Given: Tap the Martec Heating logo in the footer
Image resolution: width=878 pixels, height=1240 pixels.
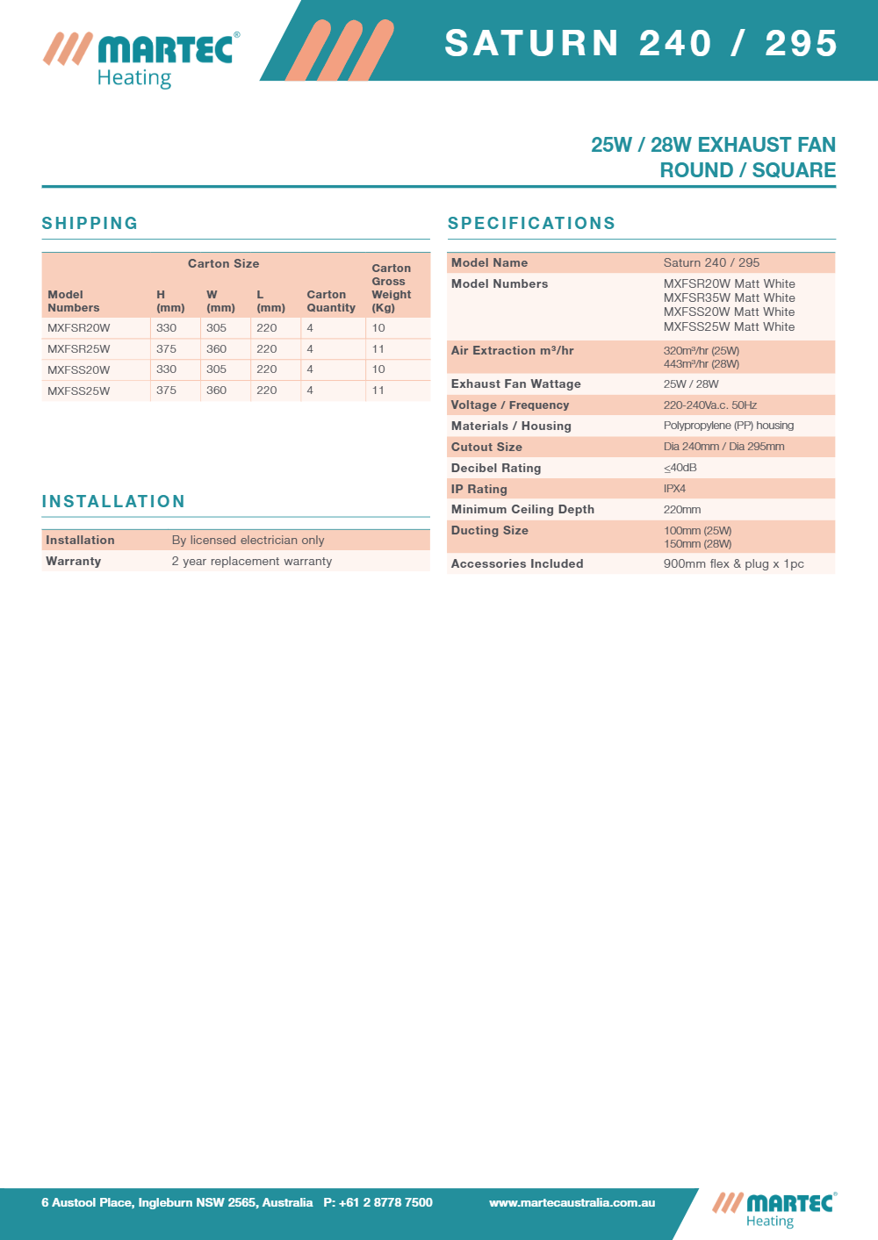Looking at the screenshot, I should click(774, 1209).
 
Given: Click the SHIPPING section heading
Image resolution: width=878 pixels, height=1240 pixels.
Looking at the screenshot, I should click(90, 223).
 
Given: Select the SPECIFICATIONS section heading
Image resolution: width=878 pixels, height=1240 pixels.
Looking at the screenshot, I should click(531, 223).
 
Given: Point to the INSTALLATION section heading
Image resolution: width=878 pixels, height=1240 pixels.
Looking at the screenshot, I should click(113, 501).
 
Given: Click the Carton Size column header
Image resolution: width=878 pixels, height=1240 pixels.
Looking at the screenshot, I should click(223, 263).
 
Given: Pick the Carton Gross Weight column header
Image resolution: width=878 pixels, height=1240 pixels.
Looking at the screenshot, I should click(391, 288).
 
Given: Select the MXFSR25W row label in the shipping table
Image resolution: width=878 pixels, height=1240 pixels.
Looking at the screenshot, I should click(79, 349).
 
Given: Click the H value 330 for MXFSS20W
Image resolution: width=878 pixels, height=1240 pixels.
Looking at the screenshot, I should click(166, 369).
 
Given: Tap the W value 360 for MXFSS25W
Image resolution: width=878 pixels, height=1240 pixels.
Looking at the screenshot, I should click(216, 391).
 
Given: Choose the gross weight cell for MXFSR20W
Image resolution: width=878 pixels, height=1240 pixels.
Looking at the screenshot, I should click(378, 328).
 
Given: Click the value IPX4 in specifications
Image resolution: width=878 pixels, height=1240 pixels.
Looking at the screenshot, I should click(674, 489).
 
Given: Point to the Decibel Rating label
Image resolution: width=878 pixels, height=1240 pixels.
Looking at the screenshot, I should click(495, 468).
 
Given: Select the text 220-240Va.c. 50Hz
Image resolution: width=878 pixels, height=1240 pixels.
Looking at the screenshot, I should click(709, 405).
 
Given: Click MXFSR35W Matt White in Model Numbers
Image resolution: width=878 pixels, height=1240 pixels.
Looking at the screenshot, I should click(729, 297).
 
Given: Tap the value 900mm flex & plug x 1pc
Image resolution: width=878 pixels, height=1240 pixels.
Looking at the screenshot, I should click(733, 563).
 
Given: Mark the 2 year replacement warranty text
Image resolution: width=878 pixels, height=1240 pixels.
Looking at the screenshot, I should click(252, 561).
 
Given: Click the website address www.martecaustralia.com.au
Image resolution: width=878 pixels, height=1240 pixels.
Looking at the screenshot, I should click(572, 1202).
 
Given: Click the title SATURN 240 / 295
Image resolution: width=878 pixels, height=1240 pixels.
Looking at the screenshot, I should click(641, 43).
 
